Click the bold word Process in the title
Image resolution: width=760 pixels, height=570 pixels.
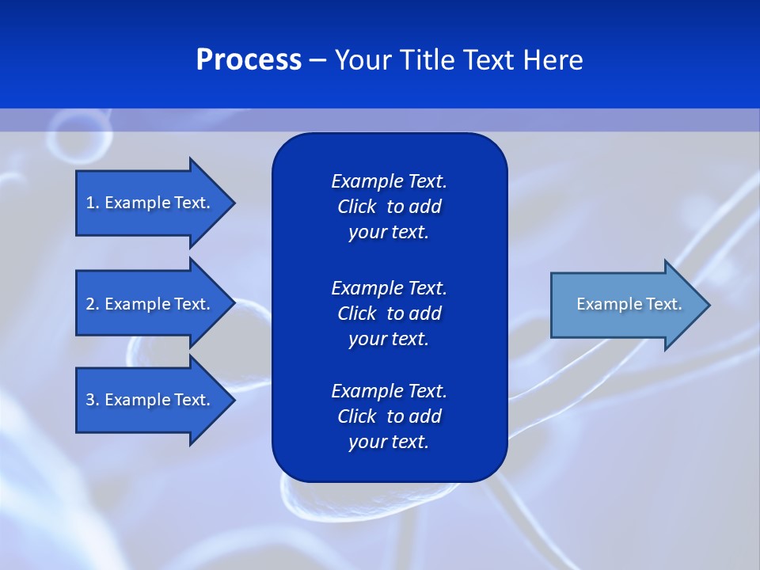pos(249,60)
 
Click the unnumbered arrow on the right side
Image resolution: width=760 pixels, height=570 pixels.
pos(625,305)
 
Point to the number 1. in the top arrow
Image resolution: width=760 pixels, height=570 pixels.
pos(93,203)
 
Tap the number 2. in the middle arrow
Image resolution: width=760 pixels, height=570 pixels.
pos(93,304)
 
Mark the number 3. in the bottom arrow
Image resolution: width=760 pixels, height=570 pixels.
pos(93,400)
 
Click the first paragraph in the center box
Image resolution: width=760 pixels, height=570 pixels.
pos(389,207)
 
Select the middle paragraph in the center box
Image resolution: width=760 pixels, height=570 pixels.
pos(389,313)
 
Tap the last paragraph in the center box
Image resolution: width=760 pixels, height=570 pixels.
pos(389,416)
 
